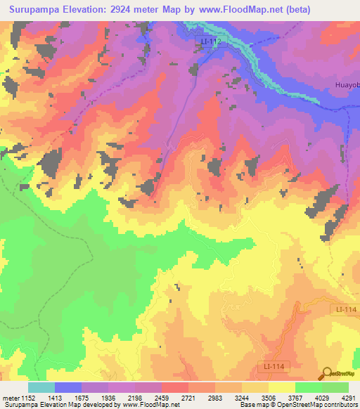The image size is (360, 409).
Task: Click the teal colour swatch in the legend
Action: (41, 387)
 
